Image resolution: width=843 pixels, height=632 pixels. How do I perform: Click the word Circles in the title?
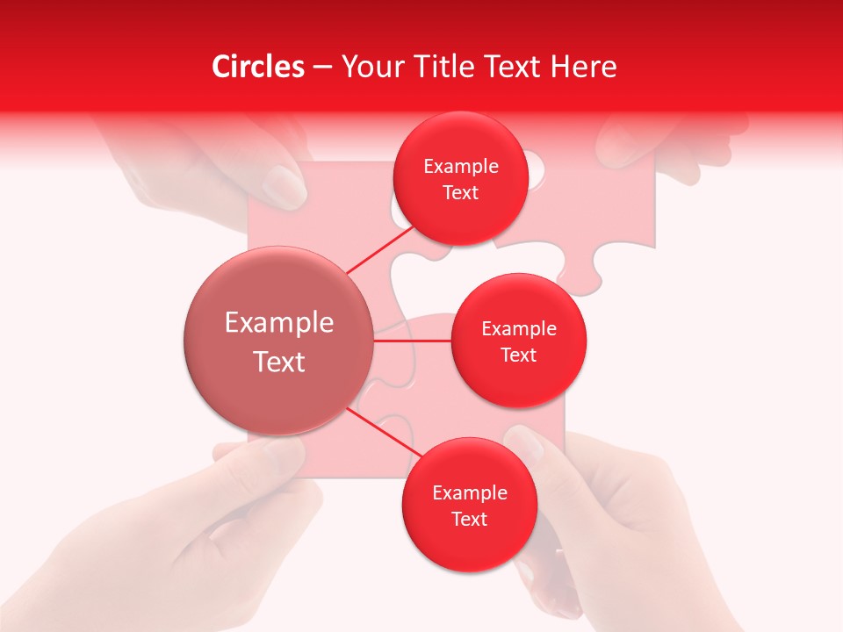[x=258, y=67]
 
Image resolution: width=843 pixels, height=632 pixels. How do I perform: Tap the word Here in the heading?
[x=583, y=67]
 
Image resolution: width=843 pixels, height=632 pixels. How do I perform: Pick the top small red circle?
[x=460, y=178]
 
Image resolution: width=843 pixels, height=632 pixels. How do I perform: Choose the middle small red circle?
[x=518, y=341]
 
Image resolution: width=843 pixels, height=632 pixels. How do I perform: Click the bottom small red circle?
[x=469, y=505]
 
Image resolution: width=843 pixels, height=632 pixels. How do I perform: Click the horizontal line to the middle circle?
[x=413, y=341]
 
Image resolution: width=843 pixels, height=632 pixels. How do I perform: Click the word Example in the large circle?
[x=279, y=322]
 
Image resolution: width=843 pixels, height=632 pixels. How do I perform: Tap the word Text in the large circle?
[x=279, y=361]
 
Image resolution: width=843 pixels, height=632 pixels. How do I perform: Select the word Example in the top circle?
[x=461, y=166]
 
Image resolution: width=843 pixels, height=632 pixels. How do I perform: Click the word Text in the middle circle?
[x=518, y=355]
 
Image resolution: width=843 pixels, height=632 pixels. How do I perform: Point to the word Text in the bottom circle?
[x=469, y=519]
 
